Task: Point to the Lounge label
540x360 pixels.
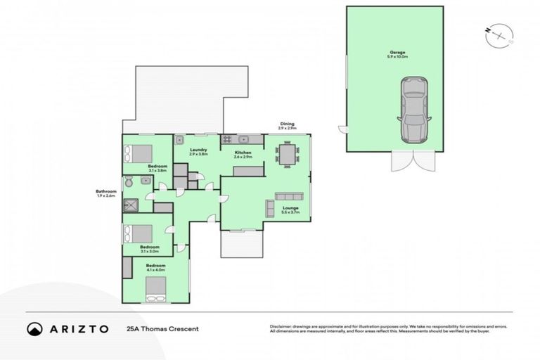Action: point(291,209)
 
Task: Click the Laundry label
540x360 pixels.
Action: point(198,150)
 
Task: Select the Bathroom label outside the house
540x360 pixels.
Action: point(107,191)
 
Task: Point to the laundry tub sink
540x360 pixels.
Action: point(180,139)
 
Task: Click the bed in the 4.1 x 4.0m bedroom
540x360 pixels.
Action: point(155,288)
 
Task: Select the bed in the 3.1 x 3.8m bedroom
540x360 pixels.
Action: point(139,153)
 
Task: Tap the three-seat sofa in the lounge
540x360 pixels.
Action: point(288,195)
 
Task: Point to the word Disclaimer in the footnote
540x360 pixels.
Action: point(281,326)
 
